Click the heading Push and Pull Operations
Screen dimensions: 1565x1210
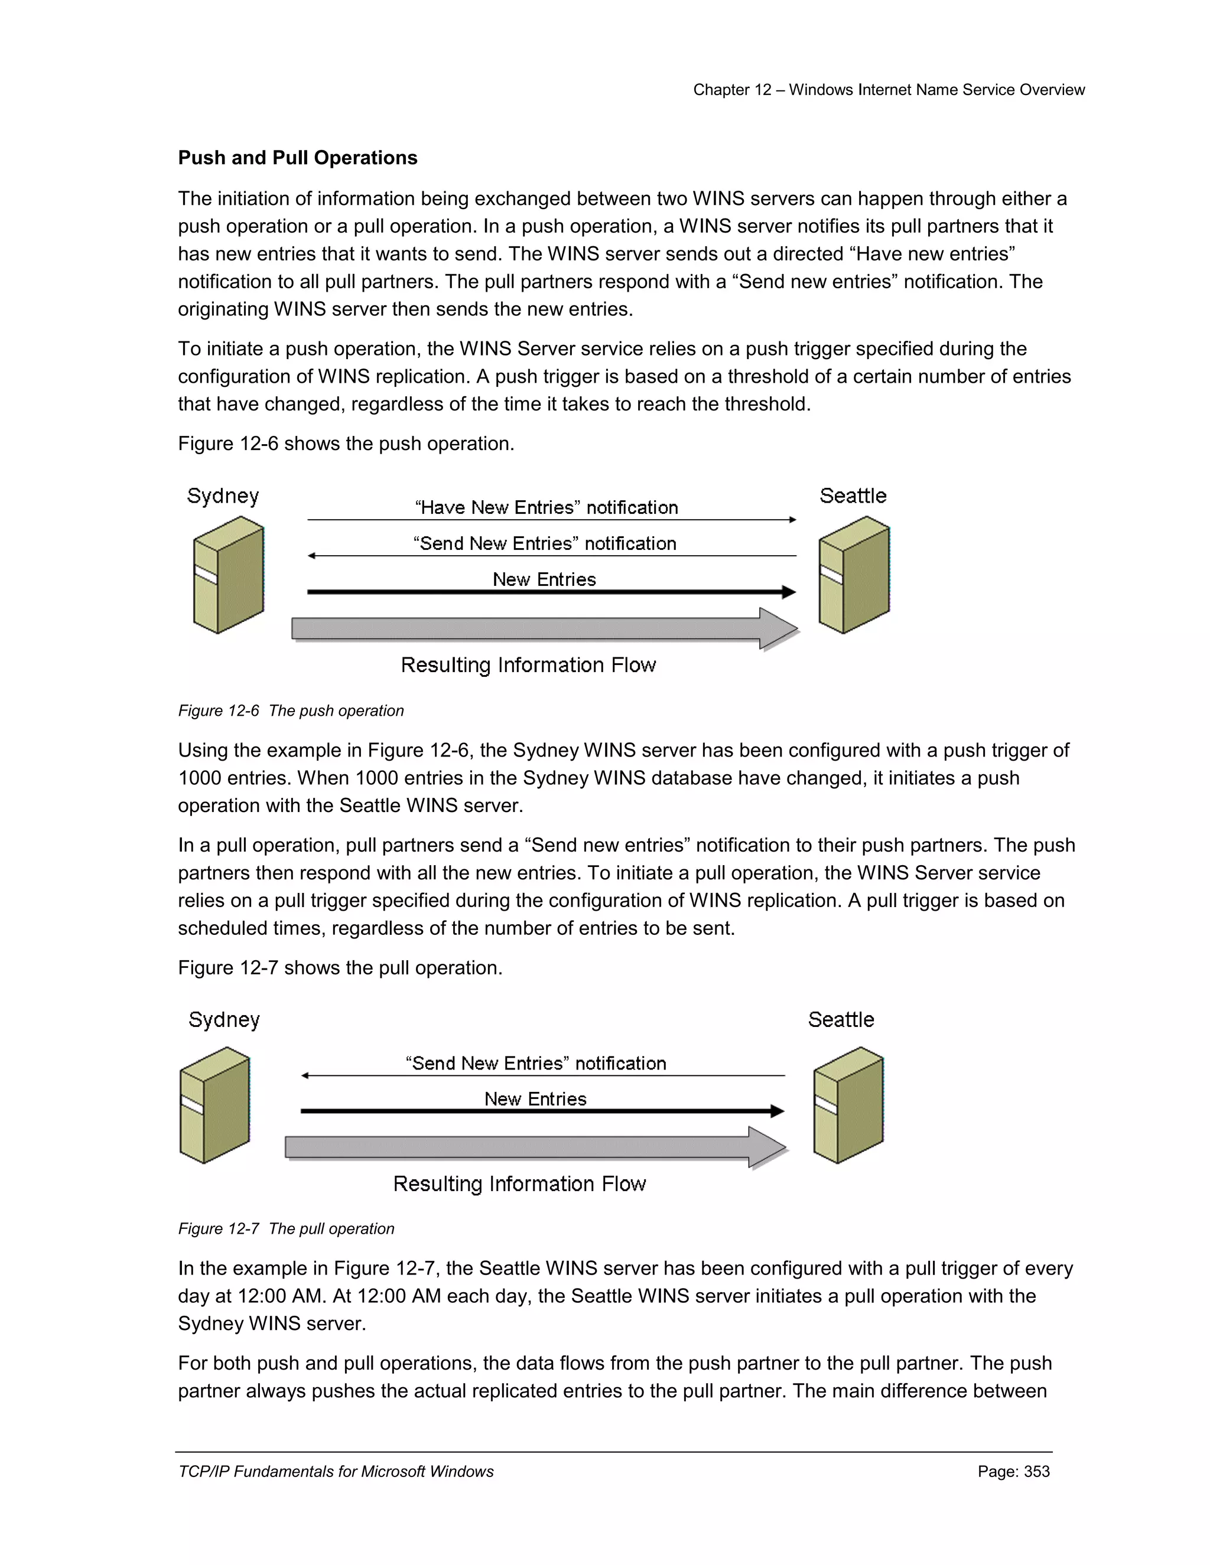298,158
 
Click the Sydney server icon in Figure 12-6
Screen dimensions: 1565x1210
229,575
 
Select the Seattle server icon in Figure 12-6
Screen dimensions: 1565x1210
854,575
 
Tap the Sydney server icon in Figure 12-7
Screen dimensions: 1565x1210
214,1106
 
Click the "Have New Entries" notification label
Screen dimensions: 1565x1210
547,507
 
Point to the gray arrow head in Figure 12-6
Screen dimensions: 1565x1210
778,628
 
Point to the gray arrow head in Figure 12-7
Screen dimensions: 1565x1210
766,1147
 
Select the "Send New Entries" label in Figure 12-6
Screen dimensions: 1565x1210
545,543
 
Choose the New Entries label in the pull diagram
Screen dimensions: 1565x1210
535,1098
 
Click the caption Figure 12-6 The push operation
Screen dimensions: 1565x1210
291,711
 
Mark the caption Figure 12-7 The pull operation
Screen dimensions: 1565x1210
286,1228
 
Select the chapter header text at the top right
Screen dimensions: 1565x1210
888,90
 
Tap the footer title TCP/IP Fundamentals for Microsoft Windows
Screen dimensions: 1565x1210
336,1471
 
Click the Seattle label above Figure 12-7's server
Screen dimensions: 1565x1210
841,1020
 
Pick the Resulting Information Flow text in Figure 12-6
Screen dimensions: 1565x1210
528,665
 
